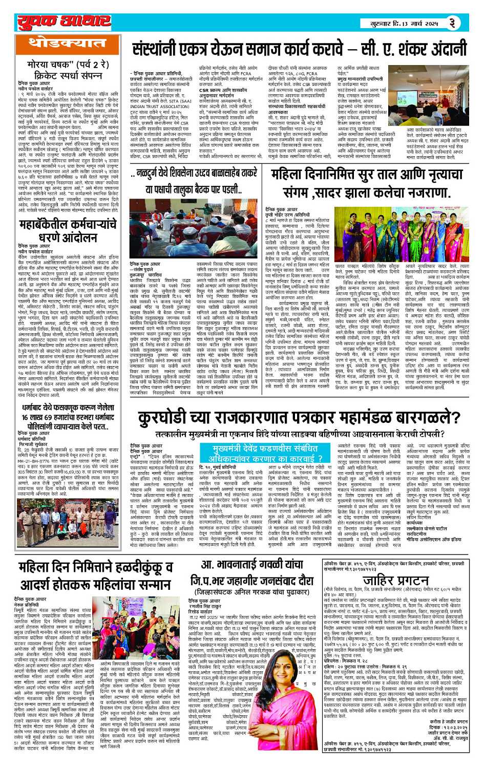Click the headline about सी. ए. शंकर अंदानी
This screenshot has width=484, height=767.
click(299, 51)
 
